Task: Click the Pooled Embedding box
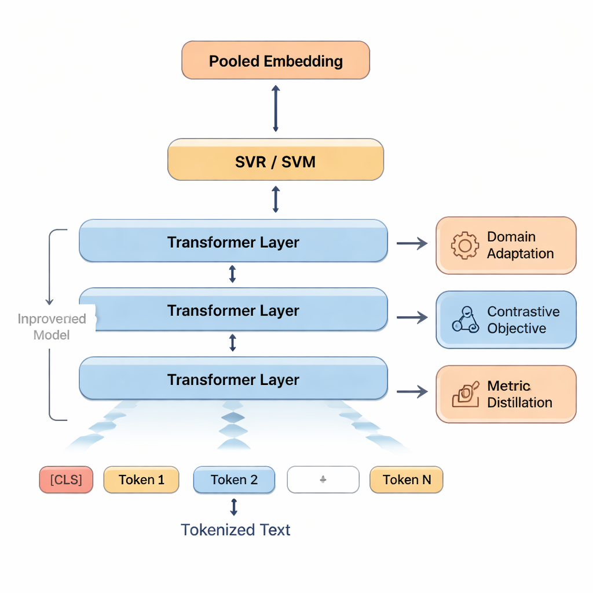tap(276, 60)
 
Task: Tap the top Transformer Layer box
tap(233, 241)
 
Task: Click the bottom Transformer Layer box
tap(233, 379)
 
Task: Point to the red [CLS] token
tap(66, 479)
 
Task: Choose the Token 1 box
tap(141, 479)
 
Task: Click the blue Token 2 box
tap(234, 479)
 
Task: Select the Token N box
tap(407, 479)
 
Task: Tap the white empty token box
tap(323, 479)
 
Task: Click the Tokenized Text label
tap(235, 529)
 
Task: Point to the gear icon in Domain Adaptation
tap(464, 245)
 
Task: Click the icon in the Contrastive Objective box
tap(466, 320)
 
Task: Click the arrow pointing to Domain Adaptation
tap(412, 243)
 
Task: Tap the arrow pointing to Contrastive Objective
tap(412, 317)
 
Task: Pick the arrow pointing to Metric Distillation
tap(412, 392)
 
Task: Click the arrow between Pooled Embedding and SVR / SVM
tap(276, 108)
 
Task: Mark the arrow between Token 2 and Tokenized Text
tap(234, 507)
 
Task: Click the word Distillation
tap(519, 402)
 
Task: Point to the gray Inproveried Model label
tap(52, 327)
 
